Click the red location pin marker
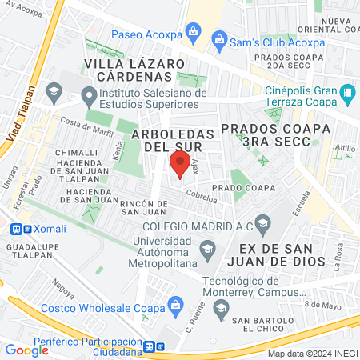[x=177, y=166]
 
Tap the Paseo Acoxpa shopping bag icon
[x=192, y=32]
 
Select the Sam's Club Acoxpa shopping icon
[x=218, y=38]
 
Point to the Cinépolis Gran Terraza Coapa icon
[x=346, y=94]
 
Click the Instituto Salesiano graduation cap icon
[x=54, y=90]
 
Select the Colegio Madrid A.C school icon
[x=262, y=222]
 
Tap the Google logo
[x=26, y=349]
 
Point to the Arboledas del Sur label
[x=174, y=139]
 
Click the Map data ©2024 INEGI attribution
[x=311, y=353]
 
